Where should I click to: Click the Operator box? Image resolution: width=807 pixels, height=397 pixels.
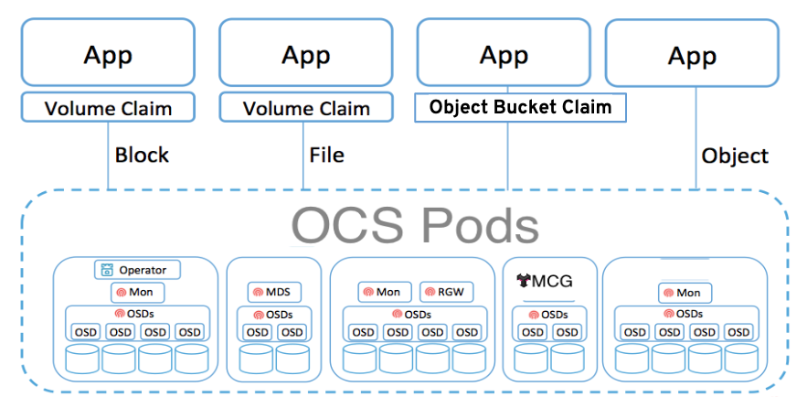(138, 270)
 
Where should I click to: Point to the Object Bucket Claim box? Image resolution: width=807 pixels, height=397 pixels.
(521, 107)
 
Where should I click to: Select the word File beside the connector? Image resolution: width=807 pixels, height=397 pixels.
(326, 155)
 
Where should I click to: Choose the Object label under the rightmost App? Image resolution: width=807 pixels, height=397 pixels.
(735, 156)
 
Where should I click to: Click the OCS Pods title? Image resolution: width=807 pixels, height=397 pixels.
(416, 225)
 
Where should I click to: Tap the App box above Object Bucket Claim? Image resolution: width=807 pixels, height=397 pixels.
(505, 53)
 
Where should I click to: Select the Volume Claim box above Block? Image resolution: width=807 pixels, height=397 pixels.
(109, 109)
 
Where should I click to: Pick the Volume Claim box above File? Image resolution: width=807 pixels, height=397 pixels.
(306, 109)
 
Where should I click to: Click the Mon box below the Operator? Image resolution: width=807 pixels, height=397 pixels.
(138, 293)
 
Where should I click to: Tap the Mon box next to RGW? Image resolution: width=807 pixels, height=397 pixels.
(384, 293)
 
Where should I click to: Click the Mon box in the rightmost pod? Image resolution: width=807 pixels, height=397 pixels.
(685, 293)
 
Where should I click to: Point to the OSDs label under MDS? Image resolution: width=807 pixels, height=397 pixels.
(273, 315)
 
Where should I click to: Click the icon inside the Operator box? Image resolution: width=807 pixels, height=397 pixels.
(108, 270)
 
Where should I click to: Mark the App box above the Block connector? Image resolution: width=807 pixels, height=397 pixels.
(109, 53)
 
